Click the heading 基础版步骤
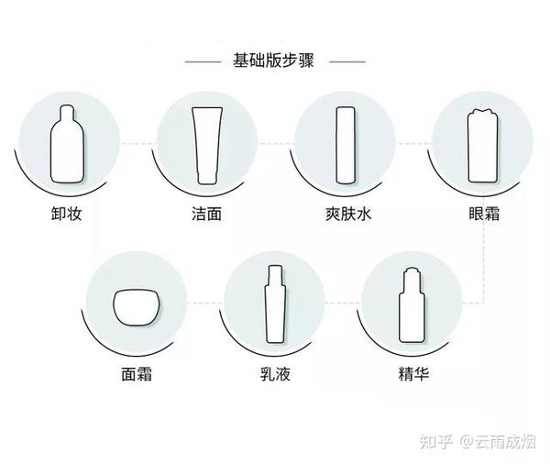[273, 61]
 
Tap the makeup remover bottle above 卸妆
[67, 144]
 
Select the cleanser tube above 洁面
[207, 145]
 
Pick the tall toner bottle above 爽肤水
[346, 145]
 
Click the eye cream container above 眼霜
[483, 145]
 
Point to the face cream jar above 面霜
[136, 307]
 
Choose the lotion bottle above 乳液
[275, 304]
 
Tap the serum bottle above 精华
[412, 305]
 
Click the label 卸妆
[67, 214]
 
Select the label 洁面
[207, 214]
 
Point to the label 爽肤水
[348, 214]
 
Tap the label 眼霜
[484, 214]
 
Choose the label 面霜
[137, 374]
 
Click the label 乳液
[275, 374]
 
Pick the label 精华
[414, 374]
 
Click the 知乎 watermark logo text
[436, 441]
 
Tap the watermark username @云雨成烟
[498, 441]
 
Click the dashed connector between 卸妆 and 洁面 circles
[137, 144]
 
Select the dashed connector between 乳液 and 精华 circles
[343, 303]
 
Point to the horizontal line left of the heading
[203, 61]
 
